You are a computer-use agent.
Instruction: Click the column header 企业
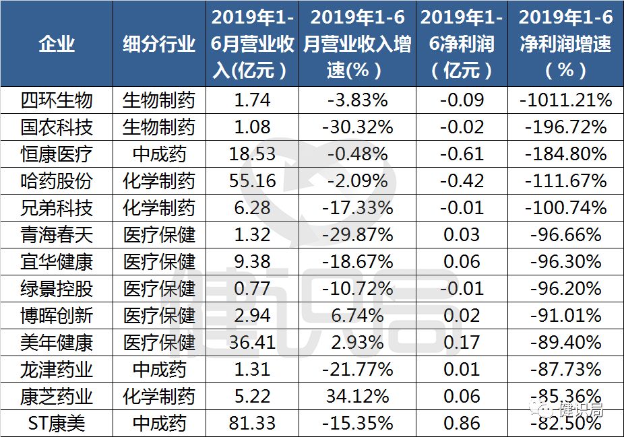(57, 44)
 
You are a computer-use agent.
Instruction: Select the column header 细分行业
(159, 44)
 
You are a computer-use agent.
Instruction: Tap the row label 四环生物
(57, 100)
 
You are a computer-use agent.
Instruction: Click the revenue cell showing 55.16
(253, 180)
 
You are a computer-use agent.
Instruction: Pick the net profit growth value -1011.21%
(565, 100)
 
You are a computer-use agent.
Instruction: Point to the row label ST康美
(57, 423)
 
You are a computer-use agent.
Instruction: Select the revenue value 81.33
(253, 423)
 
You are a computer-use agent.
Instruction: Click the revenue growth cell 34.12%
(357, 396)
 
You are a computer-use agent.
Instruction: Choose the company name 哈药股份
(57, 180)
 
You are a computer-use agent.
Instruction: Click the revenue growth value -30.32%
(357, 127)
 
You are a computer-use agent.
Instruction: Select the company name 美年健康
(57, 342)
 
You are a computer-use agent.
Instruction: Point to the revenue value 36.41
(253, 342)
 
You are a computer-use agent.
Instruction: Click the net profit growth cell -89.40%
(565, 342)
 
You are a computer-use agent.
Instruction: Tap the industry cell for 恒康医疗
(159, 154)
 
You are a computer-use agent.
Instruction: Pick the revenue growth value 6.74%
(357, 315)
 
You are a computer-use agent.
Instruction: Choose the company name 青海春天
(57, 234)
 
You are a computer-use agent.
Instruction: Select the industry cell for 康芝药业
(159, 396)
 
